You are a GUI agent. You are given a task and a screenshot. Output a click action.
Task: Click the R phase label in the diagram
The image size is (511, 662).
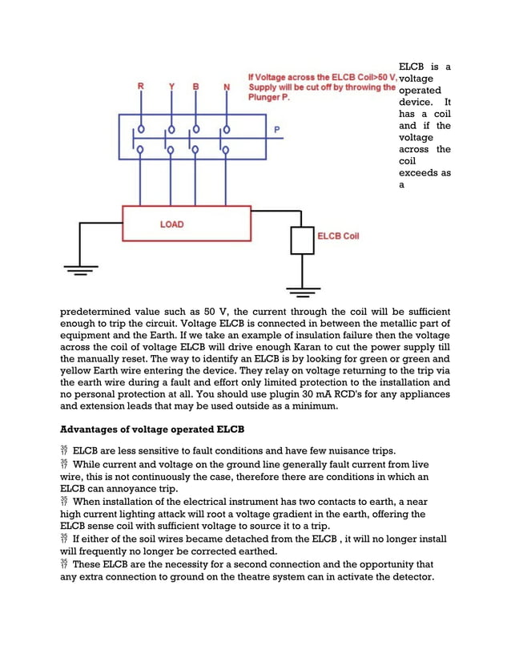pyautogui.click(x=141, y=85)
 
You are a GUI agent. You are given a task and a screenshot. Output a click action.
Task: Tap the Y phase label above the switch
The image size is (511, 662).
pyautogui.click(x=171, y=85)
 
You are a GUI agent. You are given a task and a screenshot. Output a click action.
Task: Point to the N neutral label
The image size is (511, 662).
pyautogui.click(x=227, y=85)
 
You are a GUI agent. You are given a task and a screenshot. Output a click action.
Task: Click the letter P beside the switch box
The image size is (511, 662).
pyautogui.click(x=277, y=129)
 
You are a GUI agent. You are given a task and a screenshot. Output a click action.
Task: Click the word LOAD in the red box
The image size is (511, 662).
pyautogui.click(x=171, y=224)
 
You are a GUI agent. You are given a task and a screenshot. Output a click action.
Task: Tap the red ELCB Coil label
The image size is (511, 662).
pyautogui.click(x=338, y=236)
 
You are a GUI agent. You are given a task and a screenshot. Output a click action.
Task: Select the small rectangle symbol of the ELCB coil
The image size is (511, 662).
pyautogui.click(x=303, y=240)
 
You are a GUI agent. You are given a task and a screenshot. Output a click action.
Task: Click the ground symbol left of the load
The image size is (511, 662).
pyautogui.click(x=77, y=270)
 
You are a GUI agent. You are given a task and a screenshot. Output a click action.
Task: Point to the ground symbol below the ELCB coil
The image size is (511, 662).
pyautogui.click(x=303, y=289)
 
